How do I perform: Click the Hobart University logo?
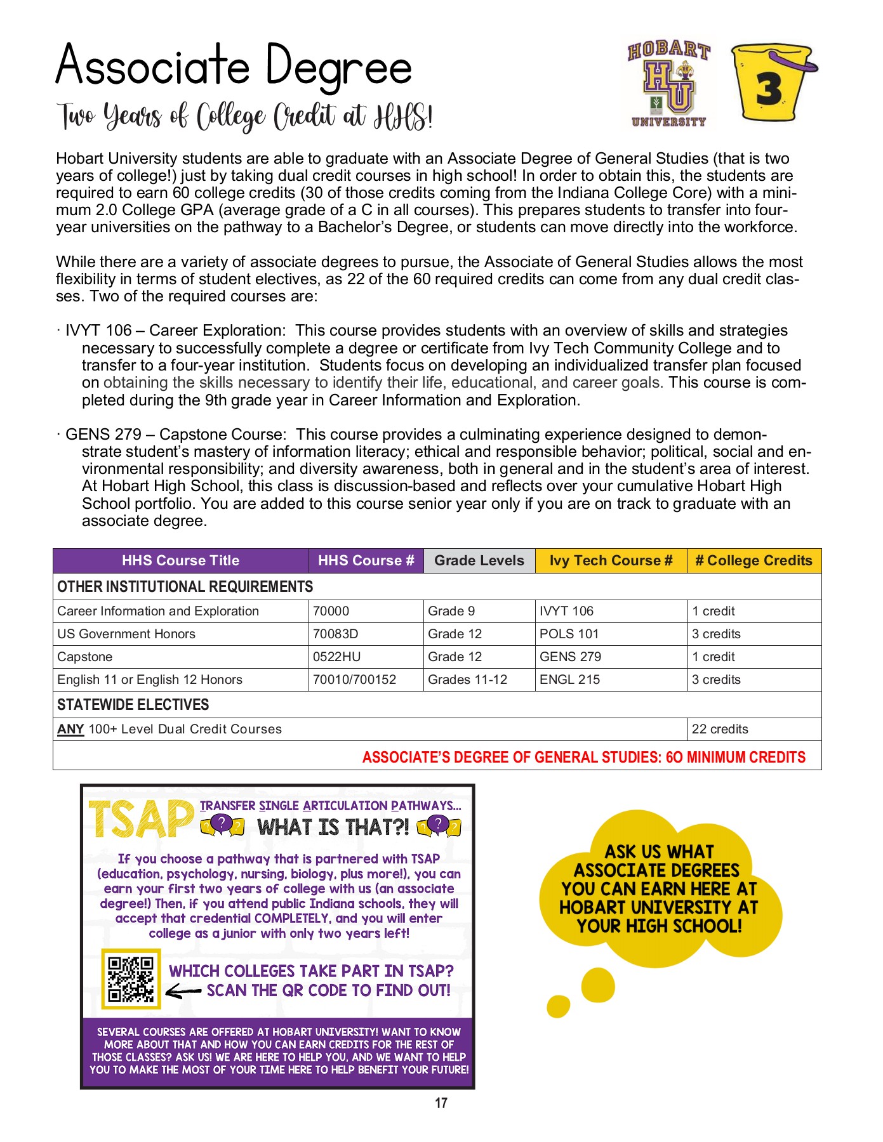point(668,84)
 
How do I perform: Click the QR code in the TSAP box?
point(131,978)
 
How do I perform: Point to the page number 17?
point(441,1103)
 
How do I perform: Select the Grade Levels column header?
point(479,561)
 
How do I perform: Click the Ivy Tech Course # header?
point(611,561)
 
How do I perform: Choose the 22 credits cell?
point(720,729)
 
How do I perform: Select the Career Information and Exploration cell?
point(158,611)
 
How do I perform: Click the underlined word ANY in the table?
point(70,729)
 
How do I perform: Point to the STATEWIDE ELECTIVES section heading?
point(133,705)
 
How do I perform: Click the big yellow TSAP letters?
point(141,819)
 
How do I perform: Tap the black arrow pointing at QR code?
point(183,991)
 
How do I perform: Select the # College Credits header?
point(754,561)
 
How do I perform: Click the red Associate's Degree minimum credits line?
point(583,757)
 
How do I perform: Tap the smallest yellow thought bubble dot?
point(558,1006)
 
